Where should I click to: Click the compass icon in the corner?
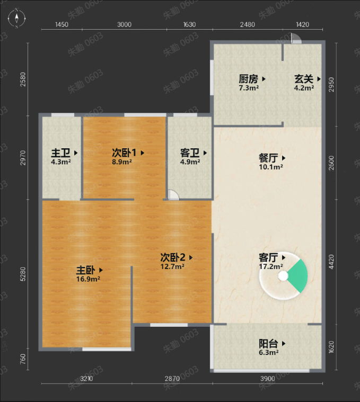(x=16, y=18)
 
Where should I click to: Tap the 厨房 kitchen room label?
(x=248, y=79)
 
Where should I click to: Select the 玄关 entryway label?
(x=304, y=79)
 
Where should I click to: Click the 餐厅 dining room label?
(x=268, y=158)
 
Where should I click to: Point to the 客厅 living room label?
(x=268, y=257)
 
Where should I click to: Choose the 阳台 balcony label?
(x=268, y=343)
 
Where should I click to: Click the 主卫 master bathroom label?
(x=60, y=153)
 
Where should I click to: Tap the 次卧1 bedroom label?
(x=124, y=153)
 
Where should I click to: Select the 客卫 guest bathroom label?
(x=190, y=153)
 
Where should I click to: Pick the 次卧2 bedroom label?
(x=173, y=257)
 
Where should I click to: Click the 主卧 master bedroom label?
(x=86, y=270)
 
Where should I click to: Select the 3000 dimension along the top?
(x=124, y=24)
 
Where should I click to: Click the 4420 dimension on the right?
(x=331, y=262)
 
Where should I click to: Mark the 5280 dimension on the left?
(x=23, y=274)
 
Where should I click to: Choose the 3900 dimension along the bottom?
(x=268, y=378)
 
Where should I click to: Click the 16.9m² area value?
(x=88, y=279)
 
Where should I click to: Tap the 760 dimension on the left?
(x=23, y=359)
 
